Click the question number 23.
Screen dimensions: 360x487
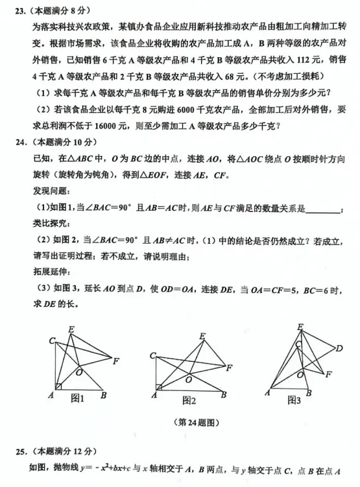(21, 11)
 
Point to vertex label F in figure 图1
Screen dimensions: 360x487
(115, 361)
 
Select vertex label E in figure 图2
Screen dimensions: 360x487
(202, 336)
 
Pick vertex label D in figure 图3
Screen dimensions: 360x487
(339, 349)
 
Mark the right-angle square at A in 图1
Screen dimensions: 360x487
(58, 387)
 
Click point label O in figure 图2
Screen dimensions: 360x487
(189, 379)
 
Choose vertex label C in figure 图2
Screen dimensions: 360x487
(152, 355)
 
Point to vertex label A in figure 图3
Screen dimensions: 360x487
(267, 392)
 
